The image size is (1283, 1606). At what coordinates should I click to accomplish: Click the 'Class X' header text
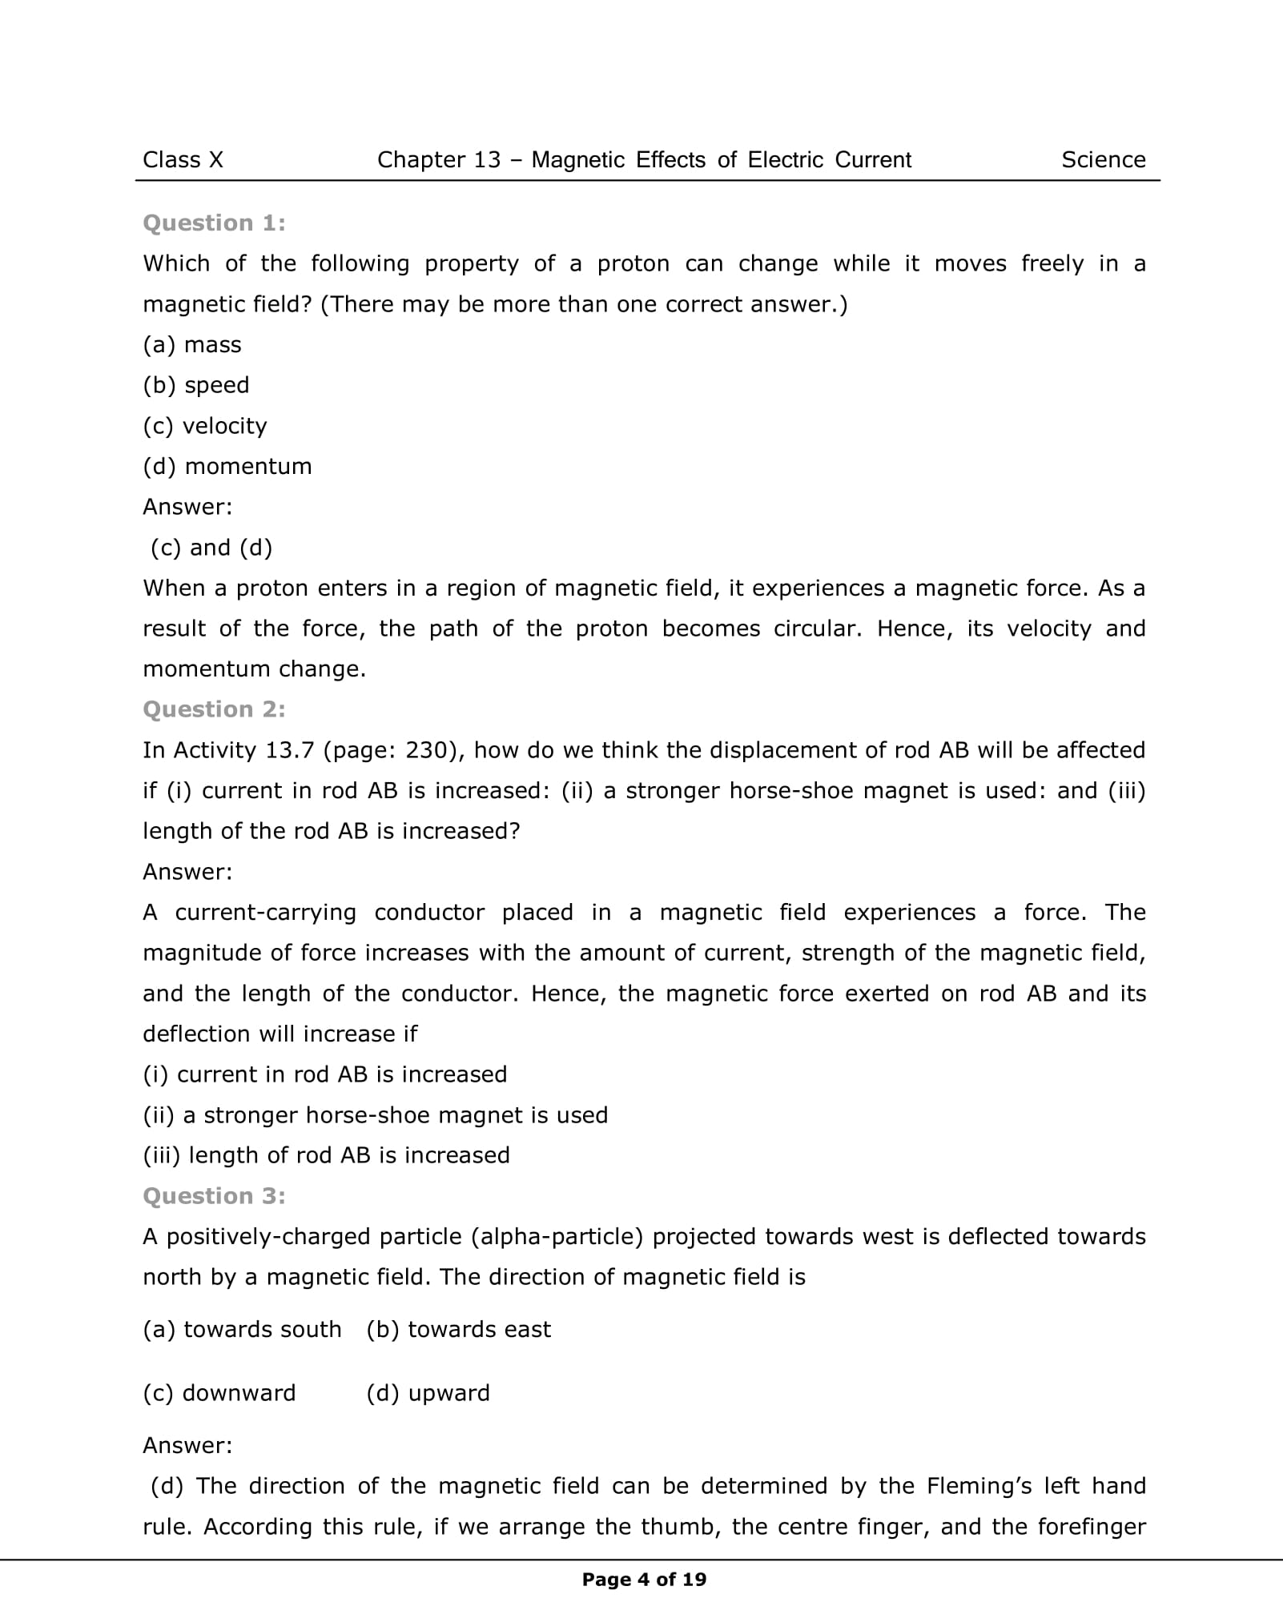[183, 160]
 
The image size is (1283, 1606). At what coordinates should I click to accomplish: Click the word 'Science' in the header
[1103, 160]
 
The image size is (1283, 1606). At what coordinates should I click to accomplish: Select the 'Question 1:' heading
[214, 223]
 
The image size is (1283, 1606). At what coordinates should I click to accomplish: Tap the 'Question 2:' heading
[214, 709]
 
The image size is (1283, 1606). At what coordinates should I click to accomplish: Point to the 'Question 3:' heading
[214, 1196]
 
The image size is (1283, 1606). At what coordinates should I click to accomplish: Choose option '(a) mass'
[192, 345]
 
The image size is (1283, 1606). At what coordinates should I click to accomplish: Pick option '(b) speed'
[196, 386]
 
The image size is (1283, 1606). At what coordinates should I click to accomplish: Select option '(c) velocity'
[205, 426]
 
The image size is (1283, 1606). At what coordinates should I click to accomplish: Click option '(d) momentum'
[227, 467]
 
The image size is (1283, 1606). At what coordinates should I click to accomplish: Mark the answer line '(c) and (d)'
[211, 548]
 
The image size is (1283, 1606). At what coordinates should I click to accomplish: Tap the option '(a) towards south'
[242, 1330]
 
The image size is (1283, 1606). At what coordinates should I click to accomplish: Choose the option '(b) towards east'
[458, 1330]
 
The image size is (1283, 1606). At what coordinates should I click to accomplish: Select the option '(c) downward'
[219, 1393]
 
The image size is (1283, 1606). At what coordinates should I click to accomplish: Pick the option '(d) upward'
[428, 1393]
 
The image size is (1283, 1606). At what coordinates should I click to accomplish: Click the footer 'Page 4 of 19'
[644, 1580]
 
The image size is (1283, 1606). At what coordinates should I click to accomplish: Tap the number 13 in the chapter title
[487, 160]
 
